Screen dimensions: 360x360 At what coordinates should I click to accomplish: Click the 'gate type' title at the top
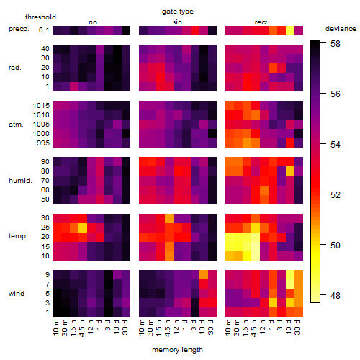178,12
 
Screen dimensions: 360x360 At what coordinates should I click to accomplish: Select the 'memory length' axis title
177,350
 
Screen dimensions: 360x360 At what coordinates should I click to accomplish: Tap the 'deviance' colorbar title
341,29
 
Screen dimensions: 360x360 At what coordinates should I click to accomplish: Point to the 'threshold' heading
40,17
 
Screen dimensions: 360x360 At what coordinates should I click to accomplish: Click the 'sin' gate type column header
177,22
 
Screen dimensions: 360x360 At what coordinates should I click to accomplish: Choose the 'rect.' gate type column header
261,22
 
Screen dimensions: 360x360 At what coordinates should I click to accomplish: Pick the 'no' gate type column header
93,22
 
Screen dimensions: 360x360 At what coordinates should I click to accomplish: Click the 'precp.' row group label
19,30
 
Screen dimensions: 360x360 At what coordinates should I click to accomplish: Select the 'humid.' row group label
20,181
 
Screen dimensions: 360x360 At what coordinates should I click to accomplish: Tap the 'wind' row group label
17,294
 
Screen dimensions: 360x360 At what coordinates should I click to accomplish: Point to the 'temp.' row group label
18,236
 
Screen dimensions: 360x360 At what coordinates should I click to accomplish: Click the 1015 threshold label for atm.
41,106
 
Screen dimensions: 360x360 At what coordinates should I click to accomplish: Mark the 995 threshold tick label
43,143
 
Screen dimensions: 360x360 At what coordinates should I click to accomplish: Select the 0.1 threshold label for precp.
44,30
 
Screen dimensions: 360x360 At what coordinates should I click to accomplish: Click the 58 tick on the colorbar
336,44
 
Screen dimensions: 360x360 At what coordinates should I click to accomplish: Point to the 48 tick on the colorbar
336,295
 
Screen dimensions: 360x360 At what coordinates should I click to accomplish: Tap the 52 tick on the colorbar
336,194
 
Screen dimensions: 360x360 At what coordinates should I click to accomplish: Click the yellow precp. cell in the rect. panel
290,30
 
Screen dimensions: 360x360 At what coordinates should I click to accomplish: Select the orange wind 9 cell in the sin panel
204,274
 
